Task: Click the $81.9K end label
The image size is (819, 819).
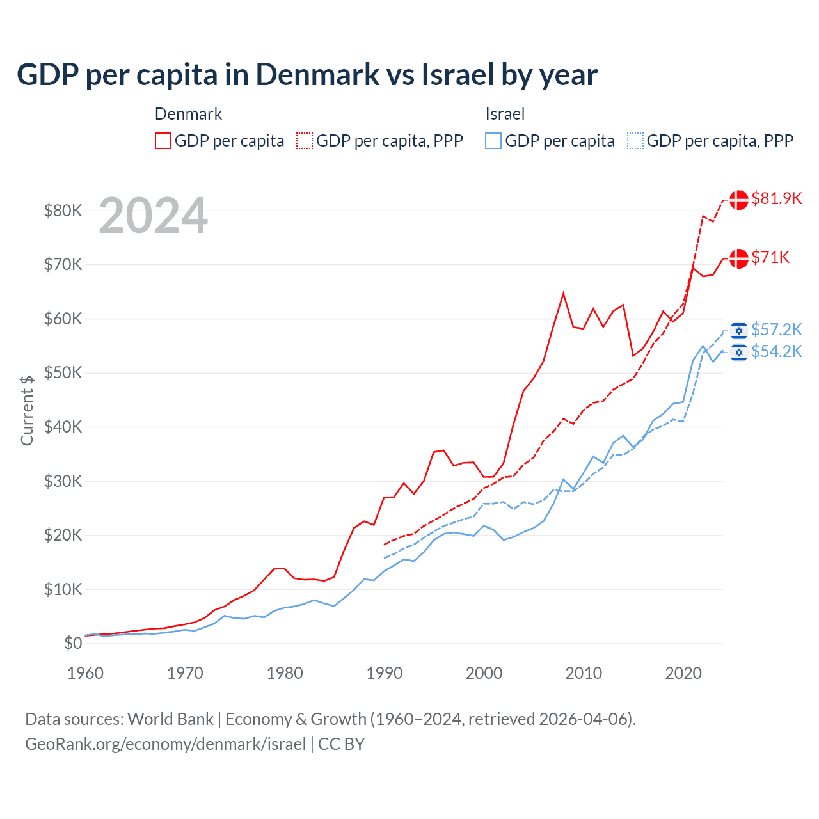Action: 776,198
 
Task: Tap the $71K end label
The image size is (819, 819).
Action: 770,257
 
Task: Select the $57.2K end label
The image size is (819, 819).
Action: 776,330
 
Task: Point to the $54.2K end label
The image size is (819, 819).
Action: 776,351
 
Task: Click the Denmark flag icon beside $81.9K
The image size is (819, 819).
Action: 739,200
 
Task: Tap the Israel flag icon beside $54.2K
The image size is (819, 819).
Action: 739,352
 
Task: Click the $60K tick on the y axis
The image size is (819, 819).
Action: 63,319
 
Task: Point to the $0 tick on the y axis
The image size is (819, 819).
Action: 73,644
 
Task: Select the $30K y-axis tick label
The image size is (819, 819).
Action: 63,481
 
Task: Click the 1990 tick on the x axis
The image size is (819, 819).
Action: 385,673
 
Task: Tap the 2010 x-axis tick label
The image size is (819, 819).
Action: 584,673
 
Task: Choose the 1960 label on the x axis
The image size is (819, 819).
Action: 85,673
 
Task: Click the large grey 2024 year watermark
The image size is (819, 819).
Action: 153,216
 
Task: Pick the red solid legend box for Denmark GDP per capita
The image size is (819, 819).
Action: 163,141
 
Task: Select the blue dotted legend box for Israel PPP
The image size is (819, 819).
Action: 635,141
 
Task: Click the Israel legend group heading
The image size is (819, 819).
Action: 505,114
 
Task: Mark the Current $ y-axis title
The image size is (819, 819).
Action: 27,409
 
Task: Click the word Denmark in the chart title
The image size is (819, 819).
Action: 317,75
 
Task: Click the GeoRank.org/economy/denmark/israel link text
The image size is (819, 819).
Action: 165,744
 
